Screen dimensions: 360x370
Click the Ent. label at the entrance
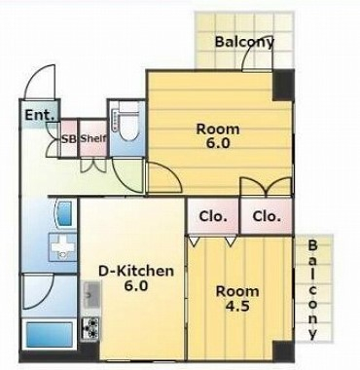[40, 115]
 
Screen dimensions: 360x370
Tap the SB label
[69, 138]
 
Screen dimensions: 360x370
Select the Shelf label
[93, 138]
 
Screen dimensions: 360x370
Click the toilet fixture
[128, 122]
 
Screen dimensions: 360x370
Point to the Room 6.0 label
[218, 135]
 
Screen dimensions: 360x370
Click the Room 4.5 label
[237, 298]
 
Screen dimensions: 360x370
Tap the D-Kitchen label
[136, 277]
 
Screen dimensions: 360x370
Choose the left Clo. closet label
[213, 216]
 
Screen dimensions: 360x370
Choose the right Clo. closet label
[267, 216]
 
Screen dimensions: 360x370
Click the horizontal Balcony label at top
[244, 42]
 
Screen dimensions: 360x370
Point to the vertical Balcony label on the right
[312, 289]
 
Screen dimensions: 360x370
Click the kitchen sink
[92, 295]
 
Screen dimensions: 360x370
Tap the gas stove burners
[90, 328]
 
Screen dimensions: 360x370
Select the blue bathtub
[49, 334]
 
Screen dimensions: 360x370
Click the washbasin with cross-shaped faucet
[62, 247]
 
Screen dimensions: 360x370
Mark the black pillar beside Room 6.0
[283, 86]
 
